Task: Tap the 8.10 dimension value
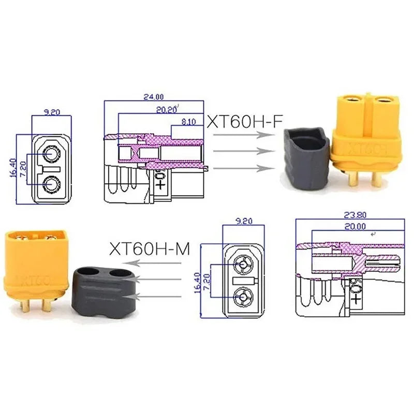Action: [x=189, y=122]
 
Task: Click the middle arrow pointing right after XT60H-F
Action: [x=243, y=151]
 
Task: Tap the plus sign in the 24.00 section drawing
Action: [x=160, y=184]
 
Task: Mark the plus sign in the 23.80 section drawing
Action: [x=356, y=299]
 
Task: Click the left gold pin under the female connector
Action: [x=352, y=179]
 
